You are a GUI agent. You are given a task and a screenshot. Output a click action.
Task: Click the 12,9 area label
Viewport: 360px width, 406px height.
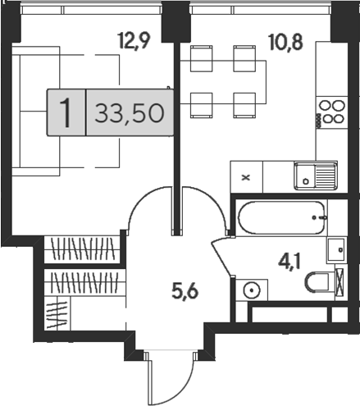pyautogui.click(x=134, y=40)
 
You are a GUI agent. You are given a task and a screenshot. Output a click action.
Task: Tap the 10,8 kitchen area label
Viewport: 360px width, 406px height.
pyautogui.click(x=285, y=43)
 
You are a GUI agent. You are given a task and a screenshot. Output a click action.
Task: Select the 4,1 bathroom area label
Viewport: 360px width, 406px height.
pyautogui.click(x=289, y=262)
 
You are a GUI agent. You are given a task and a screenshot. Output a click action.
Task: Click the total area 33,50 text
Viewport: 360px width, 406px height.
pyautogui.click(x=130, y=113)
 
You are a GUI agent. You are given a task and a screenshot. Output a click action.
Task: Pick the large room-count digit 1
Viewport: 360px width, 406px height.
pyautogui.click(x=66, y=112)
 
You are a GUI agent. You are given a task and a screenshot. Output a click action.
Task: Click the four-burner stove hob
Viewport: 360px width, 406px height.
pyautogui.click(x=332, y=112)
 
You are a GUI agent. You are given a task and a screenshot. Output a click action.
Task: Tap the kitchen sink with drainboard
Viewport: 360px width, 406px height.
pyautogui.click(x=316, y=176)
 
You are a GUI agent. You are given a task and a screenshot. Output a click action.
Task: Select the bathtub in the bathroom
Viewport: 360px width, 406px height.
pyautogui.click(x=282, y=217)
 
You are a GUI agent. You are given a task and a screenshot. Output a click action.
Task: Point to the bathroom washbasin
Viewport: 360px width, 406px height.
pyautogui.click(x=336, y=250)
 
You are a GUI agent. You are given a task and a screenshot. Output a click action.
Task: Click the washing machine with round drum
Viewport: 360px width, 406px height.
pyautogui.click(x=252, y=290)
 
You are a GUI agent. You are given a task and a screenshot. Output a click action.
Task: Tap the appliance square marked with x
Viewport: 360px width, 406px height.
pyautogui.click(x=246, y=177)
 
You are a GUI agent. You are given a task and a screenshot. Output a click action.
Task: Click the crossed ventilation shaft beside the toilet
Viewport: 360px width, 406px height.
pyautogui.click(x=339, y=281)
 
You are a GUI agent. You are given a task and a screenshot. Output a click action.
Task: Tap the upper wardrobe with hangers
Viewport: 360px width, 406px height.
pyautogui.click(x=83, y=249)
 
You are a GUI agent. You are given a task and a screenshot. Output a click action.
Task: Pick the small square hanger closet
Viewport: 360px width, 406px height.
pyautogui.click(x=57, y=312)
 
